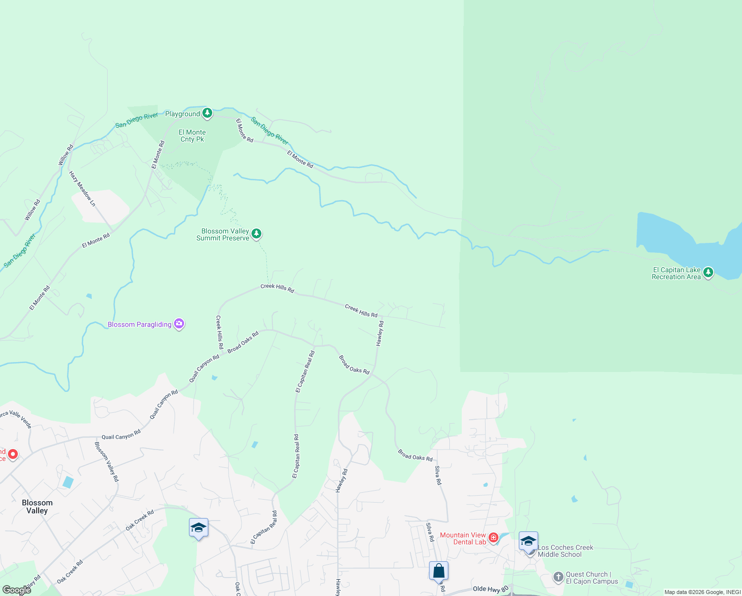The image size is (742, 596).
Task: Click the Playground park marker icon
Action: point(207,113)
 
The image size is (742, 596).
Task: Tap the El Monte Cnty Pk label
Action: point(192,136)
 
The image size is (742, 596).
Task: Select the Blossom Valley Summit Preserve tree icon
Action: point(256,233)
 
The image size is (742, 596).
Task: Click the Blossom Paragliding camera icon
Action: point(179,324)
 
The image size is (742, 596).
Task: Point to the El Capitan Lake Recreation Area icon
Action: point(708,272)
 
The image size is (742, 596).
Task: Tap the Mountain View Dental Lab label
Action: point(463,538)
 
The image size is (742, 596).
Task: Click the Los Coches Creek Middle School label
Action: point(565,551)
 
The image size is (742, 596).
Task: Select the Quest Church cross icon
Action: point(558,577)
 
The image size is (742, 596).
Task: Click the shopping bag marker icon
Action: point(439,571)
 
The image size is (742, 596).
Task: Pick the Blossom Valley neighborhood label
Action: point(37,507)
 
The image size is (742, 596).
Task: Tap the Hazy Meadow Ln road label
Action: point(82,189)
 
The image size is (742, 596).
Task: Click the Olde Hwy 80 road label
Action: point(491,589)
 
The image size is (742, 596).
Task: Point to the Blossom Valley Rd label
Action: point(107,461)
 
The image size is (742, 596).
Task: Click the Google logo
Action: point(17,590)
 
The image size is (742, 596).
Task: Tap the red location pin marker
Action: point(13,454)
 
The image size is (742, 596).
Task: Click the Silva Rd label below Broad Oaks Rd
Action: point(438,475)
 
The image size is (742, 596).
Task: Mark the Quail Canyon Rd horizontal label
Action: point(121,436)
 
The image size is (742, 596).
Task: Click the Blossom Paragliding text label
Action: point(139,325)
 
